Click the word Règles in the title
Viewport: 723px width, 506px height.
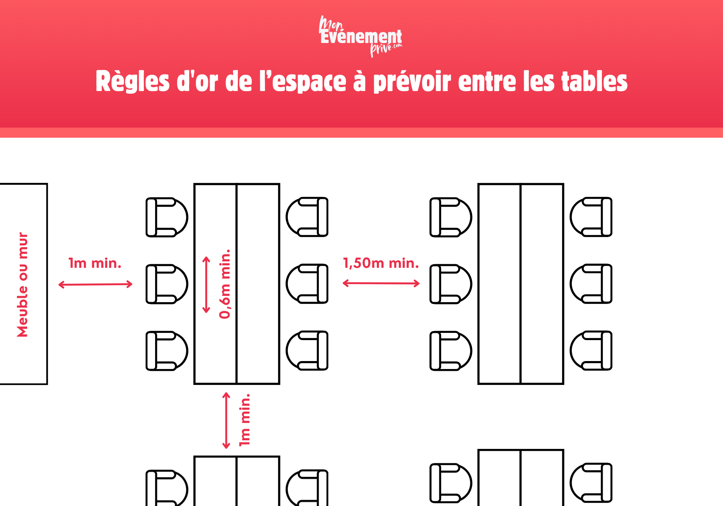tap(133, 81)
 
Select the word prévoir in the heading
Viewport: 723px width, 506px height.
tap(412, 81)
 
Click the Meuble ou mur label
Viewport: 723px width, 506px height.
tap(22, 284)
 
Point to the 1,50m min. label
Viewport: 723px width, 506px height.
tap(381, 263)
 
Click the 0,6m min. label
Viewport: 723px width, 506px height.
tap(225, 284)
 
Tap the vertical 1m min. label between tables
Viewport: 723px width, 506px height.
tap(245, 420)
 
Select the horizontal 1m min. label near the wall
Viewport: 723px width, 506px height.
tap(95, 263)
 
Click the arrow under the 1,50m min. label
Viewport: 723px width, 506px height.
tap(381, 283)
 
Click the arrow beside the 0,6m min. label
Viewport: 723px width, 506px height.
tap(206, 284)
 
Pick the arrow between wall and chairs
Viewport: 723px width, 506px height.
tap(95, 284)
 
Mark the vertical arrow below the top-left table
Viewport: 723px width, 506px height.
tap(226, 420)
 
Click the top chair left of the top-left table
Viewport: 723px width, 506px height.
tap(166, 217)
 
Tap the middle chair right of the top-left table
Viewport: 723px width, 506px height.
tap(307, 284)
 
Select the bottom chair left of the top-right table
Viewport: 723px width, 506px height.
tap(450, 351)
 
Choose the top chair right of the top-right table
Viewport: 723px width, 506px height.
tap(591, 217)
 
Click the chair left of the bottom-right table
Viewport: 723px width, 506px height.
tap(450, 483)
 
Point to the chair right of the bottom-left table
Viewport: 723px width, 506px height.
tap(307, 488)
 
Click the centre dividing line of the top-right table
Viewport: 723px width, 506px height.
tap(521, 284)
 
